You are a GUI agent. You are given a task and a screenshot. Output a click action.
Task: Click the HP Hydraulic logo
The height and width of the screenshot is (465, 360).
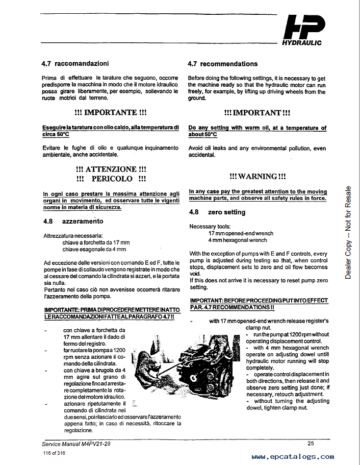coord(303,31)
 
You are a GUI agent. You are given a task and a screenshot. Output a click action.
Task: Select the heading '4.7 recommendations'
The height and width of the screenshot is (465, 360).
coord(222,64)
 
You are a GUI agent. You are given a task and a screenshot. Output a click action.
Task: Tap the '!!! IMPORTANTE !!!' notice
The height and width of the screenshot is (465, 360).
coord(111,112)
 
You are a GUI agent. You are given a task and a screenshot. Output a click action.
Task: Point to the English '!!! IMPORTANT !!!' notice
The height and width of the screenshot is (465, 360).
coord(257,112)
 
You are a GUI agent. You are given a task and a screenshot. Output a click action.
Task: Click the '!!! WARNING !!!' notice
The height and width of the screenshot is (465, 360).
coord(257,176)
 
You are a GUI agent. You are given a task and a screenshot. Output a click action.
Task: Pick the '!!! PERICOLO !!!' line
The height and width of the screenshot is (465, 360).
coord(111,179)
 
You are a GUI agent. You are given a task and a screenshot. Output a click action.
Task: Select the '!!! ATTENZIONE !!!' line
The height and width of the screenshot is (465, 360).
coord(111,169)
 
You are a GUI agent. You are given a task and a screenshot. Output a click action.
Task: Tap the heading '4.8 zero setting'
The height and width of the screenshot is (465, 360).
coord(217,212)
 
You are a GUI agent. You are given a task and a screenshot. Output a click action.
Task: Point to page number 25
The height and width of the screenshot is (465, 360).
coord(311,443)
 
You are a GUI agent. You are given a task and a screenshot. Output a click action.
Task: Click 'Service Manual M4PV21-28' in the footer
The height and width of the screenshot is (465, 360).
coord(76,443)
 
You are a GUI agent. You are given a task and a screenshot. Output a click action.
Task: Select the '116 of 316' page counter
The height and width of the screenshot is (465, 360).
coord(54,453)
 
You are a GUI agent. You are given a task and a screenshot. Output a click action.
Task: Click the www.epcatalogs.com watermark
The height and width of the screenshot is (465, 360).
coord(293,457)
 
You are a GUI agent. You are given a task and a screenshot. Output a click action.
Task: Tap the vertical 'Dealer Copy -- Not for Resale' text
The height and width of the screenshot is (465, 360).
coord(348,232)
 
